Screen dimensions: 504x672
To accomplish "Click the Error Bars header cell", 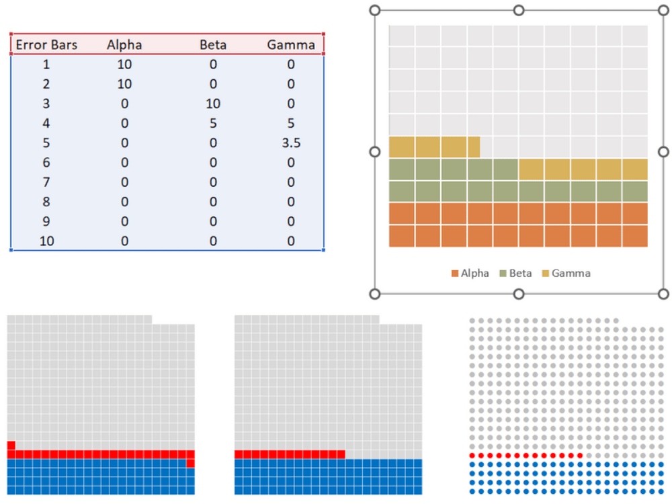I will coord(46,45).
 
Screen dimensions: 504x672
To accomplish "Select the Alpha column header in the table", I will coord(124,45).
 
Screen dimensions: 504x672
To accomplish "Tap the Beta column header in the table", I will coord(213,45).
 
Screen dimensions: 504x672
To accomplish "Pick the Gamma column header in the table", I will coord(290,45).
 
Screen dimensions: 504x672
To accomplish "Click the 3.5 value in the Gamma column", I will coord(290,143).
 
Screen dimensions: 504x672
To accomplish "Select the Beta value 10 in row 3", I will coord(213,103).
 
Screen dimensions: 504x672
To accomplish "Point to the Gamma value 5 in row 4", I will coord(290,124).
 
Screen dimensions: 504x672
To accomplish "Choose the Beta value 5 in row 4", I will coord(213,124).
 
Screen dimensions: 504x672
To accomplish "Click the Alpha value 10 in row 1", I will coord(124,65).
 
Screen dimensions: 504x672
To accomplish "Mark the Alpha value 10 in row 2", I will coord(124,84).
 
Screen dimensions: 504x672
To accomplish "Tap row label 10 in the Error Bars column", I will coord(46,241).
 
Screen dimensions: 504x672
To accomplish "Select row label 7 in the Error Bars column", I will coord(46,182).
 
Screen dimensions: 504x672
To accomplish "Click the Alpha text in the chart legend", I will coord(475,274).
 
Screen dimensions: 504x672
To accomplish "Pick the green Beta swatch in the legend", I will coord(503,274).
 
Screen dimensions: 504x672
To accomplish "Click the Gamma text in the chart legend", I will coord(571,274).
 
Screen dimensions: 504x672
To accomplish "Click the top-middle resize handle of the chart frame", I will coord(519,10).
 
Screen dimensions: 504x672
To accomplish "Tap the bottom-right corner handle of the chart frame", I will coord(663,294).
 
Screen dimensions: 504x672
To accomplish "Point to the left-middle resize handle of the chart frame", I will coord(375,152).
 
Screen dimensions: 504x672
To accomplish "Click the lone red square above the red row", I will coord(11,446).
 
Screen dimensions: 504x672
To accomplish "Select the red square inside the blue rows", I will coord(190,463).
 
